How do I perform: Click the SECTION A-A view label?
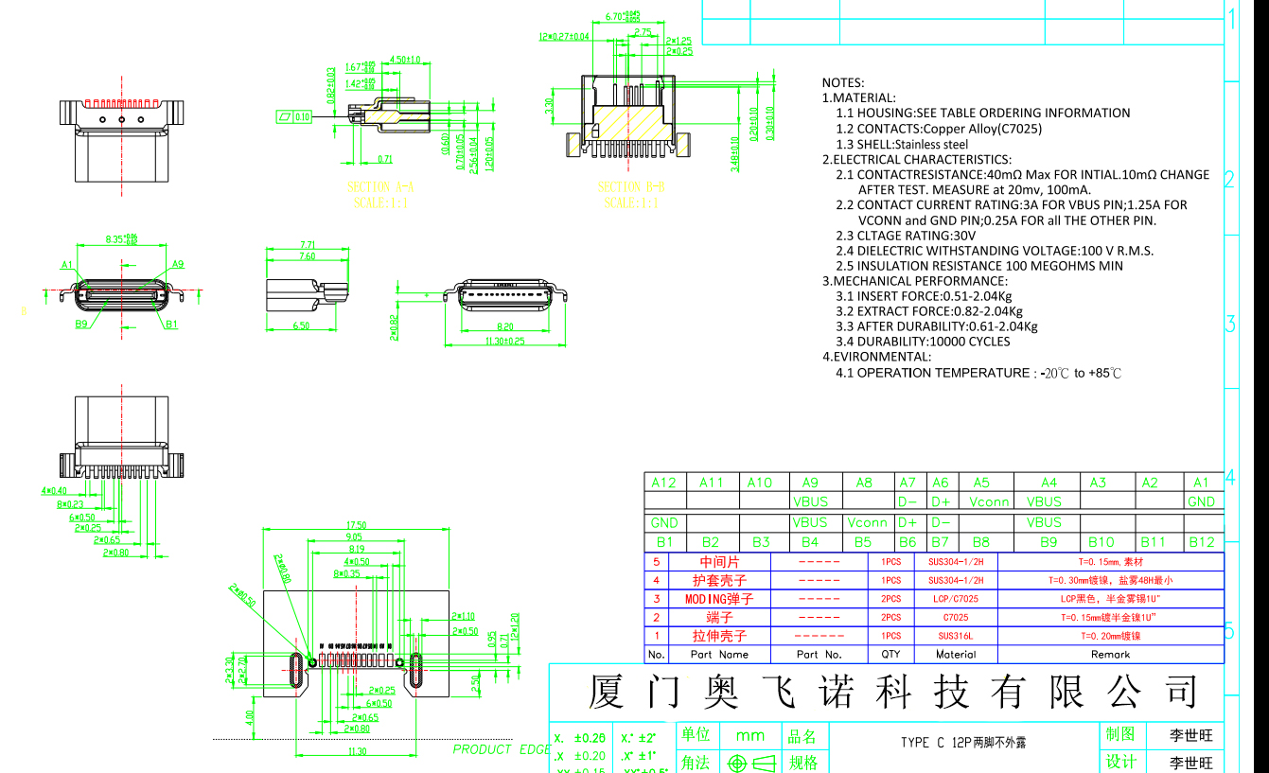tap(381, 187)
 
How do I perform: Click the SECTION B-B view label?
tap(632, 187)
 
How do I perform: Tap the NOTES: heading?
tap(842, 83)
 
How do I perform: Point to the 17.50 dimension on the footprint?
tap(357, 525)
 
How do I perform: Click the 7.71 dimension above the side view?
tap(307, 244)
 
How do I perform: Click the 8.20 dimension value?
tap(504, 327)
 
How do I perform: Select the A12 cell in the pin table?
tap(663, 483)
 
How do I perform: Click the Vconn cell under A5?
tap(989, 502)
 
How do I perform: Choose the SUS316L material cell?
tap(956, 636)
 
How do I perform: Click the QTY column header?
tap(890, 654)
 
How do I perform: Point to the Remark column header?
tap(1110, 654)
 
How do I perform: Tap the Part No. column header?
tap(819, 654)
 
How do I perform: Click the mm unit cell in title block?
tap(750, 735)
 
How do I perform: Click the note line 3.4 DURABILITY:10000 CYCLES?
tap(923, 342)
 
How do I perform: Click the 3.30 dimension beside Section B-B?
tap(549, 105)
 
